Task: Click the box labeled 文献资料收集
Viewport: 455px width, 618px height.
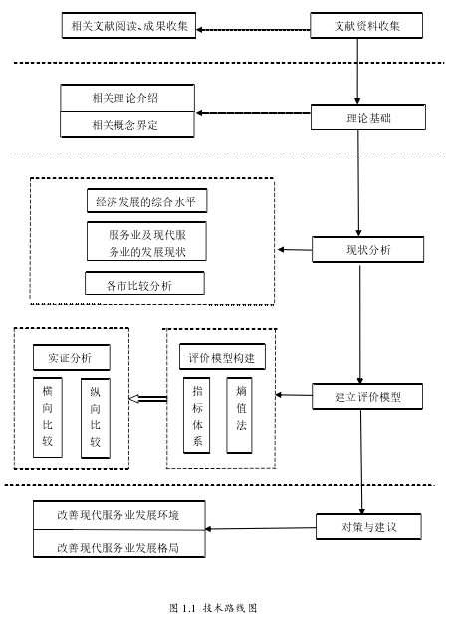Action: [366, 26]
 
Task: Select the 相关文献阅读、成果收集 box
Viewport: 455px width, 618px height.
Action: [128, 26]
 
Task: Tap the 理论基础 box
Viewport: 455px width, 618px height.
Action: [368, 117]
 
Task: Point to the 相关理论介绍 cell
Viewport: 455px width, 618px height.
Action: [127, 98]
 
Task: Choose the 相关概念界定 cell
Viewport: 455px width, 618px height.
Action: [127, 125]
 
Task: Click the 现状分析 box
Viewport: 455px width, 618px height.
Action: [368, 250]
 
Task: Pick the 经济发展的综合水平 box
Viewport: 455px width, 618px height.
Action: [146, 201]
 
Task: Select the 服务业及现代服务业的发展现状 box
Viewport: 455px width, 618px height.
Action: [146, 241]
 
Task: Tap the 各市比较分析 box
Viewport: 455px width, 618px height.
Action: [144, 283]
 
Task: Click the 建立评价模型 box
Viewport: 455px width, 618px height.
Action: [367, 396]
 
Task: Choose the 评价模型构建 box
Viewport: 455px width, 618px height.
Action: [222, 357]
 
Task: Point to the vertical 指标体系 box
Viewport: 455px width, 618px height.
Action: [197, 415]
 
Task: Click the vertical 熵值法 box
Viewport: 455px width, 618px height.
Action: [239, 415]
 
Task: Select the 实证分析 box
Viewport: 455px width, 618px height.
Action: [72, 358]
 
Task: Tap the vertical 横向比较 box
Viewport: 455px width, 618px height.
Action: [48, 418]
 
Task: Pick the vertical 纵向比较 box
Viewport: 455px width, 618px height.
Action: [96, 418]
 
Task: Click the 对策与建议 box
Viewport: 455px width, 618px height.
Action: [368, 526]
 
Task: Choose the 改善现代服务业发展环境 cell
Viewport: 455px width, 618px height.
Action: [119, 515]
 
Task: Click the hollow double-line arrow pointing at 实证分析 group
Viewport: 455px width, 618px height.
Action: [148, 399]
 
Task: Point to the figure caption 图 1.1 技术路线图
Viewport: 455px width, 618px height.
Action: [213, 608]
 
